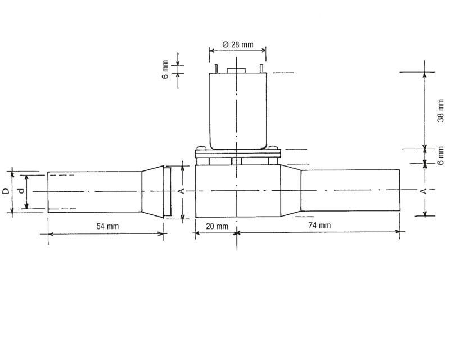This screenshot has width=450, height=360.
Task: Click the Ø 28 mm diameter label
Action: pyautogui.click(x=238, y=44)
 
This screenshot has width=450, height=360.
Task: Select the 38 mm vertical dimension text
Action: pyautogui.click(x=441, y=110)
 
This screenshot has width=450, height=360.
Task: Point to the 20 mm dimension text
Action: pyautogui.click(x=217, y=226)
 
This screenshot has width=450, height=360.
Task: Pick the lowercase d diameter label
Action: pyautogui.click(x=21, y=191)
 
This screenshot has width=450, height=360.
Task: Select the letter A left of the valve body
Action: pyautogui.click(x=181, y=191)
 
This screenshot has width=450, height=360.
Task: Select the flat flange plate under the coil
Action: pyautogui.click(x=237, y=152)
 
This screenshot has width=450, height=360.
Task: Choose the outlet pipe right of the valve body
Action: pyautogui.click(x=350, y=191)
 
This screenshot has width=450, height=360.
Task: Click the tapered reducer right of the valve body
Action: pyautogui.click(x=290, y=191)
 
